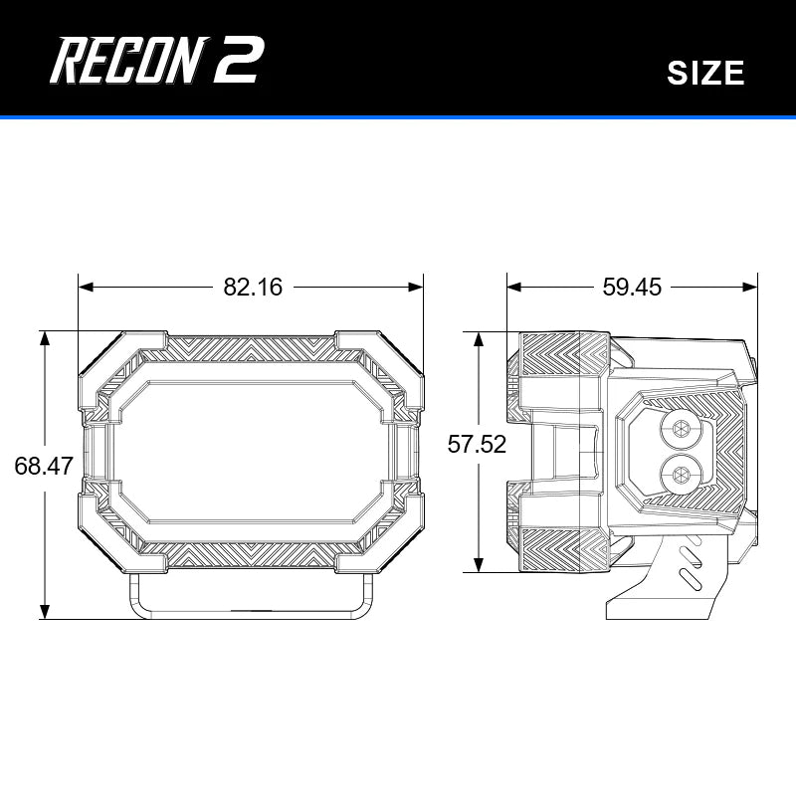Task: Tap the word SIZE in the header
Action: [x=705, y=73]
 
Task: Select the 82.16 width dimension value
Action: [x=253, y=288]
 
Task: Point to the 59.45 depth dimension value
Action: [x=632, y=288]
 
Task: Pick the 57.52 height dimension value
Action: [x=477, y=445]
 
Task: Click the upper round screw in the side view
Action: [x=682, y=429]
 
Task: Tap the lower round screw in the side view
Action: [x=682, y=473]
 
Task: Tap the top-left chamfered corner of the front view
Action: [x=99, y=353]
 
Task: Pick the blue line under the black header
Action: [x=398, y=117]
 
